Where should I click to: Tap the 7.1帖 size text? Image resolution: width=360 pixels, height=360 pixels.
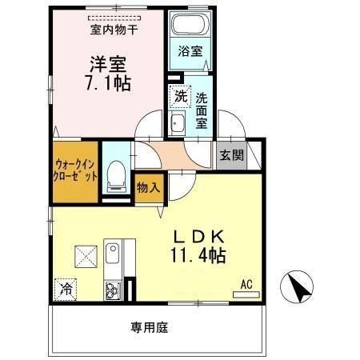click(x=106, y=83)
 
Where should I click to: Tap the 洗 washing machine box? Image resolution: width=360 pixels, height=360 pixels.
click(x=179, y=94)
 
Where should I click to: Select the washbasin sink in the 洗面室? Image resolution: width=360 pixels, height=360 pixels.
click(x=177, y=122)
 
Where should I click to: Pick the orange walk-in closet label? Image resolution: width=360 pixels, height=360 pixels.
click(x=76, y=169)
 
